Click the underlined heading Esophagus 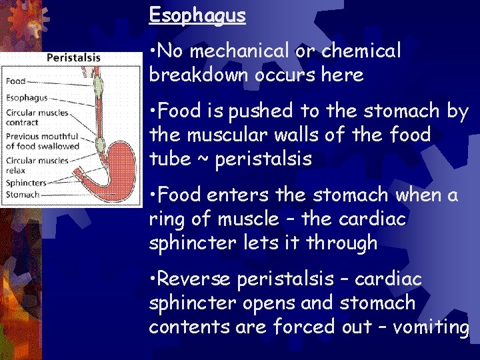click(x=197, y=15)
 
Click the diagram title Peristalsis click(x=73, y=58)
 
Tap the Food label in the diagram click(x=15, y=81)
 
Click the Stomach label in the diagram click(x=23, y=195)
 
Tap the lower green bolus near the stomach click(x=100, y=144)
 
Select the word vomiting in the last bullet click(x=433, y=327)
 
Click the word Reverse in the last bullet click(x=193, y=279)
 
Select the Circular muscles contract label click(x=37, y=117)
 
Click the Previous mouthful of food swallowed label click(x=42, y=141)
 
